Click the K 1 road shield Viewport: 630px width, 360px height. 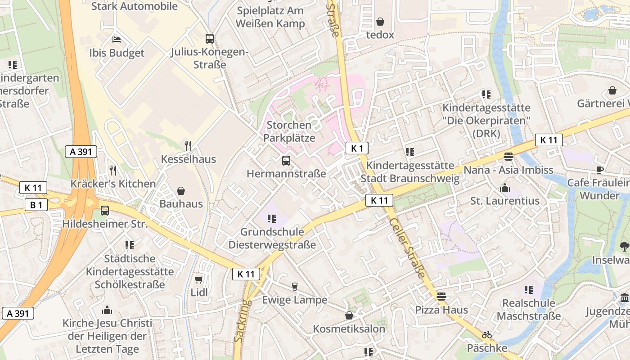357,148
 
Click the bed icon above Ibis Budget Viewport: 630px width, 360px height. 117,39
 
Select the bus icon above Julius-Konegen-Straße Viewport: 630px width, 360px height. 210,38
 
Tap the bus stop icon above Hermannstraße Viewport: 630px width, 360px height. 286,160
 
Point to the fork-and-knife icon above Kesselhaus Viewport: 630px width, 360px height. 188,145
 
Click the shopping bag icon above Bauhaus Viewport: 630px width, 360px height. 181,191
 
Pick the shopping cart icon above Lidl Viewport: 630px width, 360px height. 199,279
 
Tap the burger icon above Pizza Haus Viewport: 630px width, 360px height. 441,297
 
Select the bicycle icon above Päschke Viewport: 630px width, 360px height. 486,335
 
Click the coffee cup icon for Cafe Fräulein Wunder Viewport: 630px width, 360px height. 599,170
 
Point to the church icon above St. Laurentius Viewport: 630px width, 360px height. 504,187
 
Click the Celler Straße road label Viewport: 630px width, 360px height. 408,248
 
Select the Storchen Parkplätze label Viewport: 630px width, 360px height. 289,131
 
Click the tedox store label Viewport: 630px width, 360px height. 380,35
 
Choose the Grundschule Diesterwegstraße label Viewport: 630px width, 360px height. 272,238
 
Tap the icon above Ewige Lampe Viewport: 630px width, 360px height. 295,287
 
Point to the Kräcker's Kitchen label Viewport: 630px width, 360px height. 113,184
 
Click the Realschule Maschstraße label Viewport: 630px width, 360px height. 529,309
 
